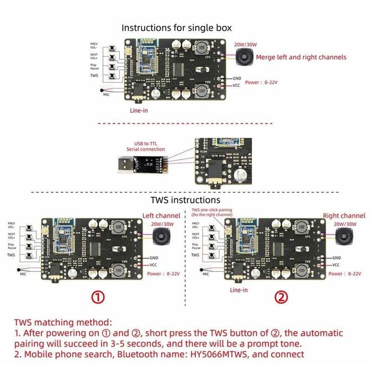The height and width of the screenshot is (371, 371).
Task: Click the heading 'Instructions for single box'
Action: click(176, 28)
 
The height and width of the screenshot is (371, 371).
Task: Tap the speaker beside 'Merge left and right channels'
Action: click(244, 57)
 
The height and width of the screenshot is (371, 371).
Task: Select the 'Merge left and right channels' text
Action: click(301, 57)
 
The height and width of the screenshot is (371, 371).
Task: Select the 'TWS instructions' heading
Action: click(185, 200)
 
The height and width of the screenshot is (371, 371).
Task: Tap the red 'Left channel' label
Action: click(161, 216)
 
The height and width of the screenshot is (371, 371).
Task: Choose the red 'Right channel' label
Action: click(344, 216)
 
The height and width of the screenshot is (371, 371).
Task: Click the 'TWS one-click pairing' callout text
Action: click(211, 212)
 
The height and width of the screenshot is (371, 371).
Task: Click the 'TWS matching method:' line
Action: click(63, 322)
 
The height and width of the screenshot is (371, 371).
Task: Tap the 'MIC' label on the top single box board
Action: click(107, 94)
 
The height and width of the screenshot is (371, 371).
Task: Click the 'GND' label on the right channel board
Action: click(336, 258)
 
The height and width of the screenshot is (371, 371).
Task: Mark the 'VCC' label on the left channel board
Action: click(153, 264)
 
